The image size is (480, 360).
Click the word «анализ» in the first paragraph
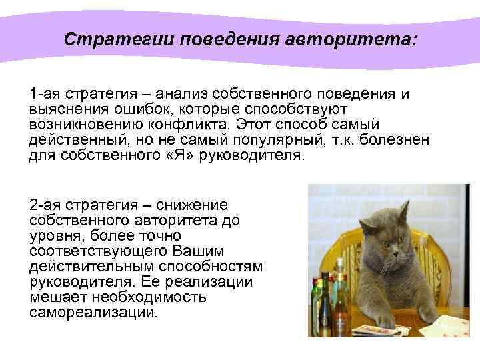tap(177, 94)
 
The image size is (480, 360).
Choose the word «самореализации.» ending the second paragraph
tap(94, 312)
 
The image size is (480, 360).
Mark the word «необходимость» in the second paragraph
tap(139, 297)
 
